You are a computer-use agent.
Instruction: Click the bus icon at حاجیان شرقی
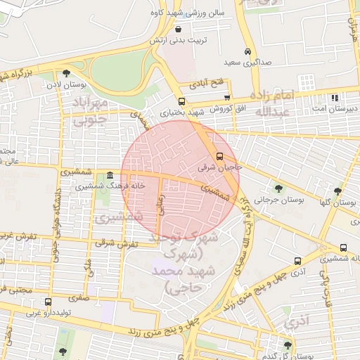point(219,156)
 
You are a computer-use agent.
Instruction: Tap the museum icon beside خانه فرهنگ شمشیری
point(110,176)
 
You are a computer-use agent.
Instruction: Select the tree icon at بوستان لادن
point(66,72)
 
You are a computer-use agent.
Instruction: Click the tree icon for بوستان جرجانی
point(279,188)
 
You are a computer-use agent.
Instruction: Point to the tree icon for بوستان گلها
point(338,191)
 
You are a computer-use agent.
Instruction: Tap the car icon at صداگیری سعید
point(247,52)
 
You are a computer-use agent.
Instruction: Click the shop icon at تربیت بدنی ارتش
point(177,30)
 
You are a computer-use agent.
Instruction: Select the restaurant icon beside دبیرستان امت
point(335,98)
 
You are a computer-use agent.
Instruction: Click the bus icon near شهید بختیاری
point(181,101)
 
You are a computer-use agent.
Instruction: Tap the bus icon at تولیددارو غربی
point(48,302)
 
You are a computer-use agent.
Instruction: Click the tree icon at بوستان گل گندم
point(288,344)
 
